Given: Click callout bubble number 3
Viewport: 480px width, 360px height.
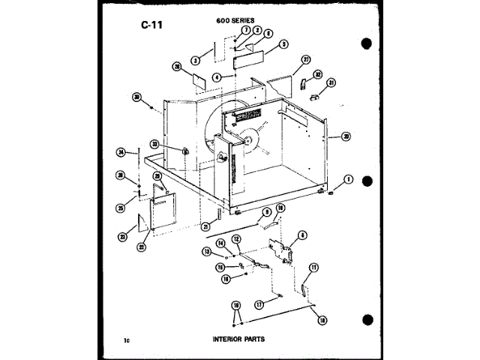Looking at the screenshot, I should (194, 59).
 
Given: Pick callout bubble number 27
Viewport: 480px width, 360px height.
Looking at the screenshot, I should (305, 59).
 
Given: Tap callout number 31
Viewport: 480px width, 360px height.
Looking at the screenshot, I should (331, 83).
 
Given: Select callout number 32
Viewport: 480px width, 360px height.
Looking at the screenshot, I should (317, 74).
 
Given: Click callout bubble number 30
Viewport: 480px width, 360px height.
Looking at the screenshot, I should (137, 96).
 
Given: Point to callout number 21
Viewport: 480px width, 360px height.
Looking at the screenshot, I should (205, 226).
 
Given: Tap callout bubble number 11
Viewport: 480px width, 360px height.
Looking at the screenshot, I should (313, 266).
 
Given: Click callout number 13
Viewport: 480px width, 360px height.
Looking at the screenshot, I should (205, 251).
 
